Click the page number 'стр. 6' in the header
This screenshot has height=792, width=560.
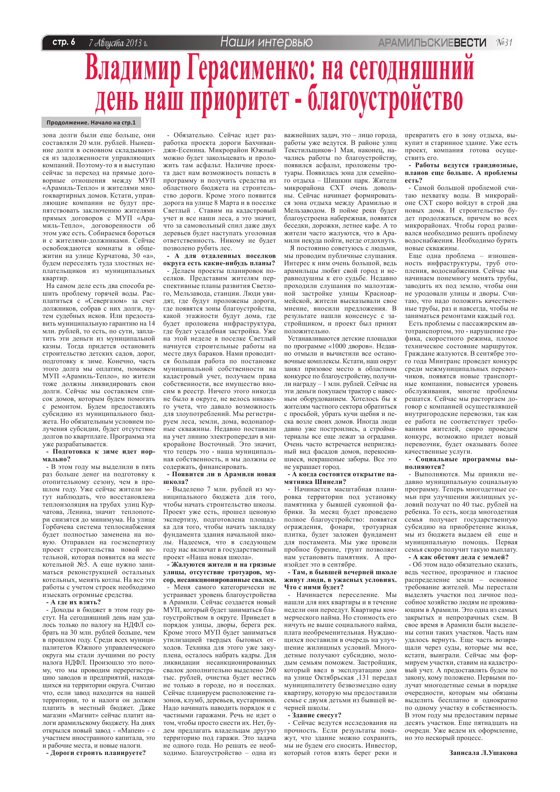coord(64,42)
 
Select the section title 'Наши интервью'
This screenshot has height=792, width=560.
coord(266,42)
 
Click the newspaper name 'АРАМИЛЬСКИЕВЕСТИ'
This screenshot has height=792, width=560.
coord(432,43)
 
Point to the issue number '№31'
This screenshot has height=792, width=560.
coord(504,42)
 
